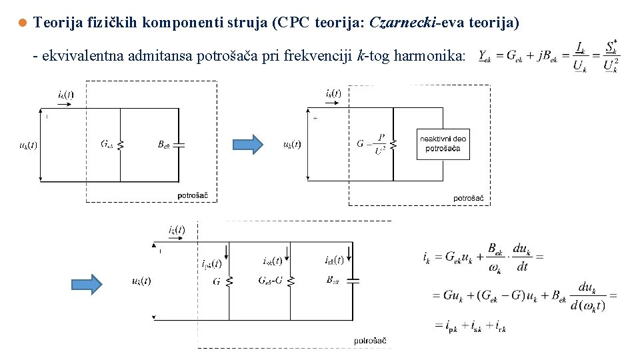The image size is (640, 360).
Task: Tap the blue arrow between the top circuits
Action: [248, 144]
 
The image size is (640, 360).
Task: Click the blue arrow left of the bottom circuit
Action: [87, 283]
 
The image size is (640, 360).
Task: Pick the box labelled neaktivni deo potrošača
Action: [443, 143]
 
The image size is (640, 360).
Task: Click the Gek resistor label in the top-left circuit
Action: [107, 144]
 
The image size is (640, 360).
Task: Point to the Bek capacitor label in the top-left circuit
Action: [164, 144]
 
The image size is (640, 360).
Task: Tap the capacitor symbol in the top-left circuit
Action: [178, 144]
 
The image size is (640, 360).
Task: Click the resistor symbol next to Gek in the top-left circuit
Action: [121, 144]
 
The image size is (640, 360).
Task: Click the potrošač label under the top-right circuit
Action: [468, 198]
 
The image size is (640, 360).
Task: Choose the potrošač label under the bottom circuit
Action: [370, 341]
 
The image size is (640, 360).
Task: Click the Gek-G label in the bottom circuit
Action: [271, 281]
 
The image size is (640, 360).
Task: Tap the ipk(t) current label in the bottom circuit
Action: [211, 263]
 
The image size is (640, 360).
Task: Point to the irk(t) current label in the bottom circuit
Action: [334, 260]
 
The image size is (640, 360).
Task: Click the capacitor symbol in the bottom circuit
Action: [353, 281]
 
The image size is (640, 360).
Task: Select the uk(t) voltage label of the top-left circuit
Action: [28, 145]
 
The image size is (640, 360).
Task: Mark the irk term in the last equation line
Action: [499, 326]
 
